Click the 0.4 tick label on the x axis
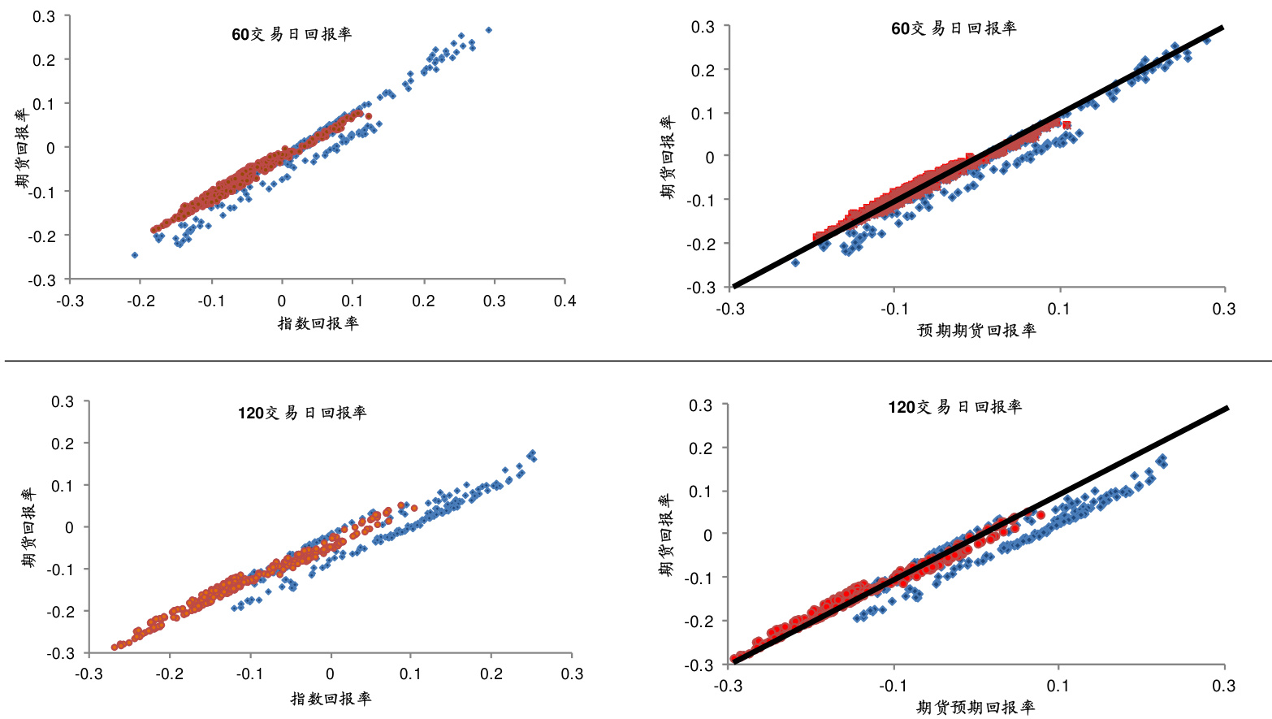pos(565,301)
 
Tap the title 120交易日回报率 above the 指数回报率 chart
pos(302,413)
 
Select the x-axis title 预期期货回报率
pos(976,331)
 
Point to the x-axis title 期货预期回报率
pos(976,708)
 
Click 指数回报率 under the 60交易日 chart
pos(318,323)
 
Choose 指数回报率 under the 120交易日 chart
pos(331,699)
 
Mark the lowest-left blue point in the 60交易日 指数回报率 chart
pos(135,255)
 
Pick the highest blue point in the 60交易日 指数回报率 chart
pos(488,30)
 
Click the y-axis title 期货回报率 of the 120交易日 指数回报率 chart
pos(28,527)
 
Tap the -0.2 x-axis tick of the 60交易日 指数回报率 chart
pos(141,301)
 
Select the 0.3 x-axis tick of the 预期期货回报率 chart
pos(1224,309)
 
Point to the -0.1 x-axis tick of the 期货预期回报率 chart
pos(893,686)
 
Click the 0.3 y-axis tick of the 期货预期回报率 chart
pos(701,405)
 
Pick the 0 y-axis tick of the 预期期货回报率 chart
pos(710,157)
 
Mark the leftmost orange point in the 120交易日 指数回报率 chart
pos(115,648)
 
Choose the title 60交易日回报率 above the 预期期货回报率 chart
pos(954,28)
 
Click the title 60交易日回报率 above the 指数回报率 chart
pos(292,34)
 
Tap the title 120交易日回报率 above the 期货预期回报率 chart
pos(954,407)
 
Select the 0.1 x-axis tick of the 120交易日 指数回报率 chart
pos(410,674)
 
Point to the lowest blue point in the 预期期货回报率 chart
pos(795,262)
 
